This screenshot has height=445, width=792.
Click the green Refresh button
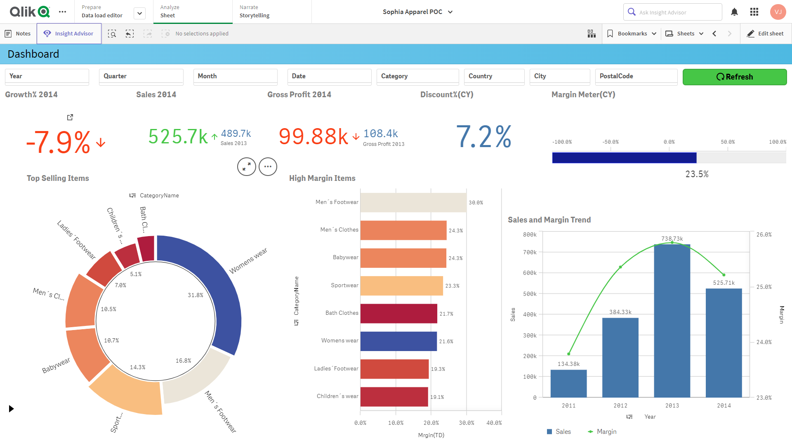point(734,77)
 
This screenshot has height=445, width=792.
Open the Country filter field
point(494,77)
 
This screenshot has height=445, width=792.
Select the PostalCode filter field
point(636,77)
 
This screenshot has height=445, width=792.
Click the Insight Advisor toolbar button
point(69,34)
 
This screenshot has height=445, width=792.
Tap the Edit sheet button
point(766,34)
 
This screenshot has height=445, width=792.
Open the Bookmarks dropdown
point(632,34)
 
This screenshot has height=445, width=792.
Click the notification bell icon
point(734,12)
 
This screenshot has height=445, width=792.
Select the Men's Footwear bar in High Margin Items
point(413,202)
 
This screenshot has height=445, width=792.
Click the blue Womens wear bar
point(398,341)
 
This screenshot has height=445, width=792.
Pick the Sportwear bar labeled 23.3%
point(401,286)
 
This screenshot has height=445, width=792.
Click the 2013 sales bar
point(672,321)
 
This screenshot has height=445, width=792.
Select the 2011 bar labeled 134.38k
point(568,383)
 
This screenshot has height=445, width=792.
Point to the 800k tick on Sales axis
point(530,234)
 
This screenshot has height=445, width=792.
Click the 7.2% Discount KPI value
point(483,137)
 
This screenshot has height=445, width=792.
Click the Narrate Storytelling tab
point(255,12)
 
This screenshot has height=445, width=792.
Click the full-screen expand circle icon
point(247,167)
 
